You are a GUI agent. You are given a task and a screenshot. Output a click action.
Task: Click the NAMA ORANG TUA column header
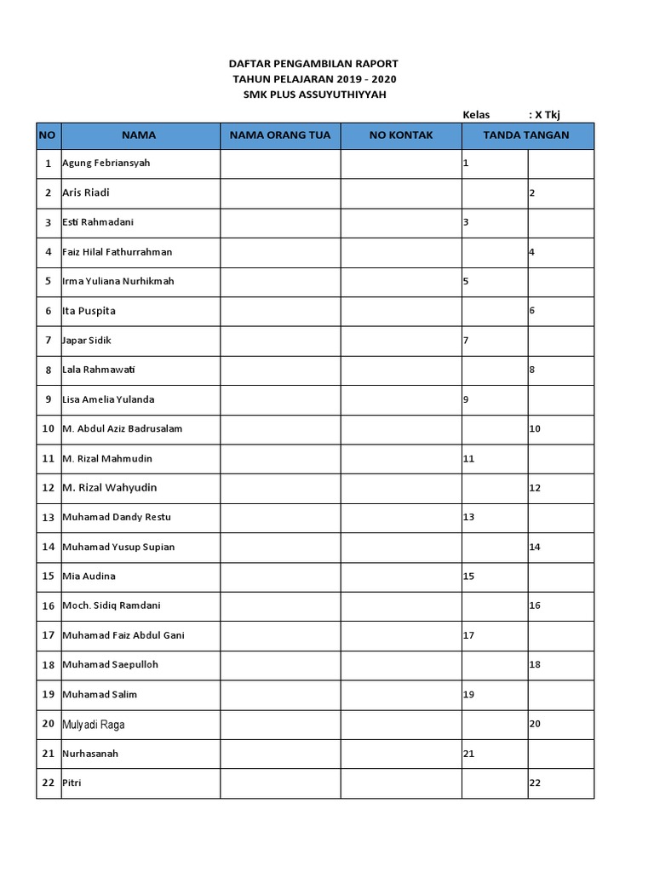coord(280,135)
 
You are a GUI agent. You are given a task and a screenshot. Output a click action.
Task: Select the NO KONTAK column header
coord(401,135)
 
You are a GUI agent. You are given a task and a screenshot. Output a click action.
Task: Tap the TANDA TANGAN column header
coord(526,135)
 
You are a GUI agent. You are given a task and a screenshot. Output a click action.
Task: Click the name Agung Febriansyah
coord(106,163)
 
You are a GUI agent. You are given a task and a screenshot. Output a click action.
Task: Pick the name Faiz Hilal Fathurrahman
coord(117,252)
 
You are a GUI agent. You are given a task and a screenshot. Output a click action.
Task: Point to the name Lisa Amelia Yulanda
coord(108,399)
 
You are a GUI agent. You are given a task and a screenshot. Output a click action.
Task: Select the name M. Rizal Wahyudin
coord(109,488)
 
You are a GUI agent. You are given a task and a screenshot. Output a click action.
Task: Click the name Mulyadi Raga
coord(99,725)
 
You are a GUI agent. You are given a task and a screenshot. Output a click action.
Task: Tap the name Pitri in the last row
coord(72,783)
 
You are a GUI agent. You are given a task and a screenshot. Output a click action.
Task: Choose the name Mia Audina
coord(89,577)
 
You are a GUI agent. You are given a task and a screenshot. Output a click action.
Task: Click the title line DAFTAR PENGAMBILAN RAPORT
coord(313,64)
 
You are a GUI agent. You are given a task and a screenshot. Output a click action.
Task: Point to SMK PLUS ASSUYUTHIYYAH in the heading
coord(313,95)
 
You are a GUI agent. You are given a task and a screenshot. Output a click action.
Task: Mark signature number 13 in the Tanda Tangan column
coord(468,518)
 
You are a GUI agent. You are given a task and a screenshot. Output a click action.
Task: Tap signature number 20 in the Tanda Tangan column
coord(535,724)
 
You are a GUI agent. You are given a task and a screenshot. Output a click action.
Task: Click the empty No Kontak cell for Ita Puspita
coord(401,311)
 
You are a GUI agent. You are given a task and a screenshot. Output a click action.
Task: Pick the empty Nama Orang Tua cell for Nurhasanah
coord(280,754)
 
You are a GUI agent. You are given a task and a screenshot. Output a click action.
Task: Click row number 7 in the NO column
coord(48,341)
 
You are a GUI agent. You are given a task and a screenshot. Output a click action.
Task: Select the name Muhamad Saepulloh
coord(110,665)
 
